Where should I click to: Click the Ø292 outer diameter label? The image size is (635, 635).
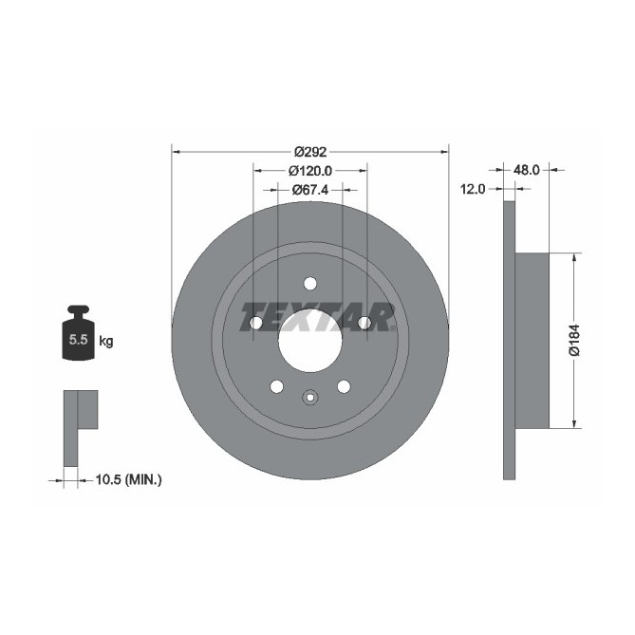[309, 151]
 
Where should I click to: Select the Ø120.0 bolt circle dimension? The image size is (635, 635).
[309, 171]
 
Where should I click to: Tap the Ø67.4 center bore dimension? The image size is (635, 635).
[309, 190]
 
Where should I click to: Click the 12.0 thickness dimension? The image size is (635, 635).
[474, 189]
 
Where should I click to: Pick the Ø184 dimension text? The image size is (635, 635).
[574, 340]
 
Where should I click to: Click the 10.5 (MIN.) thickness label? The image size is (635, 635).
[130, 480]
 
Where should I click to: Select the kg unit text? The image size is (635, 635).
[106, 341]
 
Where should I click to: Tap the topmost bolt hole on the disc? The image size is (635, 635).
[309, 283]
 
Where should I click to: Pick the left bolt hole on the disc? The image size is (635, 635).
[254, 324]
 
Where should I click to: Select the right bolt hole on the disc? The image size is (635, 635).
[364, 324]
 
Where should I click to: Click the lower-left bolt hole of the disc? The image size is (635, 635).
[276, 386]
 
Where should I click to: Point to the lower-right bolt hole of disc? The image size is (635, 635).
[343, 386]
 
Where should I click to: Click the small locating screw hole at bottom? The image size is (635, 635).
[309, 398]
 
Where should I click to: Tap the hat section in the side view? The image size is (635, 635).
[532, 340]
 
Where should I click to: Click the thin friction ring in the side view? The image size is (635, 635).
[509, 340]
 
